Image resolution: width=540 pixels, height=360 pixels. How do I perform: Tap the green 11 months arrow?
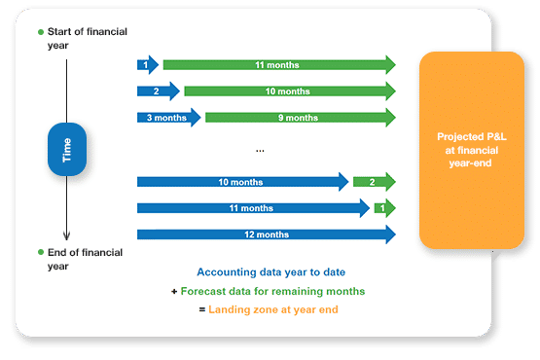277,65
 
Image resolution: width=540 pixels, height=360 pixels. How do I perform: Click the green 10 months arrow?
289,91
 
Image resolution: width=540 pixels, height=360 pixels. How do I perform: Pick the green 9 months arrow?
299,118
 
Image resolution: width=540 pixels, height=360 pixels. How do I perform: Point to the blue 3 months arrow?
167,118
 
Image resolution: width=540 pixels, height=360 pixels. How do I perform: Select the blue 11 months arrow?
251,207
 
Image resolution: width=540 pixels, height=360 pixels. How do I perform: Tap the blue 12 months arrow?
265,234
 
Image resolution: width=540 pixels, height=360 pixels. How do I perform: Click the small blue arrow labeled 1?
147,65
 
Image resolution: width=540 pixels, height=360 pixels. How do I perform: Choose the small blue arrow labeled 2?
157,91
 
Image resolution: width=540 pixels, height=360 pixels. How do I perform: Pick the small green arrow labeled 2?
373,181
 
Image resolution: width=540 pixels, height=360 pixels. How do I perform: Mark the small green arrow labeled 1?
383,207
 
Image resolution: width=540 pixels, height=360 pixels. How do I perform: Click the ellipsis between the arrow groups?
261,151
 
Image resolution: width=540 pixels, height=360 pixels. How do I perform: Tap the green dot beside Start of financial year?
41,32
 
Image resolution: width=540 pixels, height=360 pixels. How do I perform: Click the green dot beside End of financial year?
41,253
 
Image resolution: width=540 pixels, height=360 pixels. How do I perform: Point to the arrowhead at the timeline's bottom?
66,234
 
